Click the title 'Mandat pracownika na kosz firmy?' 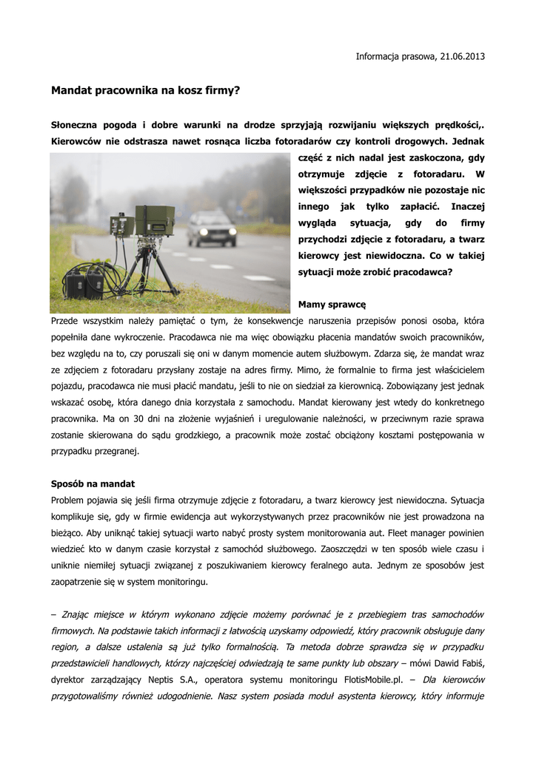pyautogui.click(x=146, y=91)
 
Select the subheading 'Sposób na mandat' pyautogui.click(x=93, y=483)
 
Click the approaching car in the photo pyautogui.click(x=212, y=228)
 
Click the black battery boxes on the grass pyautogui.click(x=84, y=283)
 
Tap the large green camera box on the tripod pyautogui.click(x=154, y=220)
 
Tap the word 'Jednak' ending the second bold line pyautogui.click(x=468, y=141)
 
